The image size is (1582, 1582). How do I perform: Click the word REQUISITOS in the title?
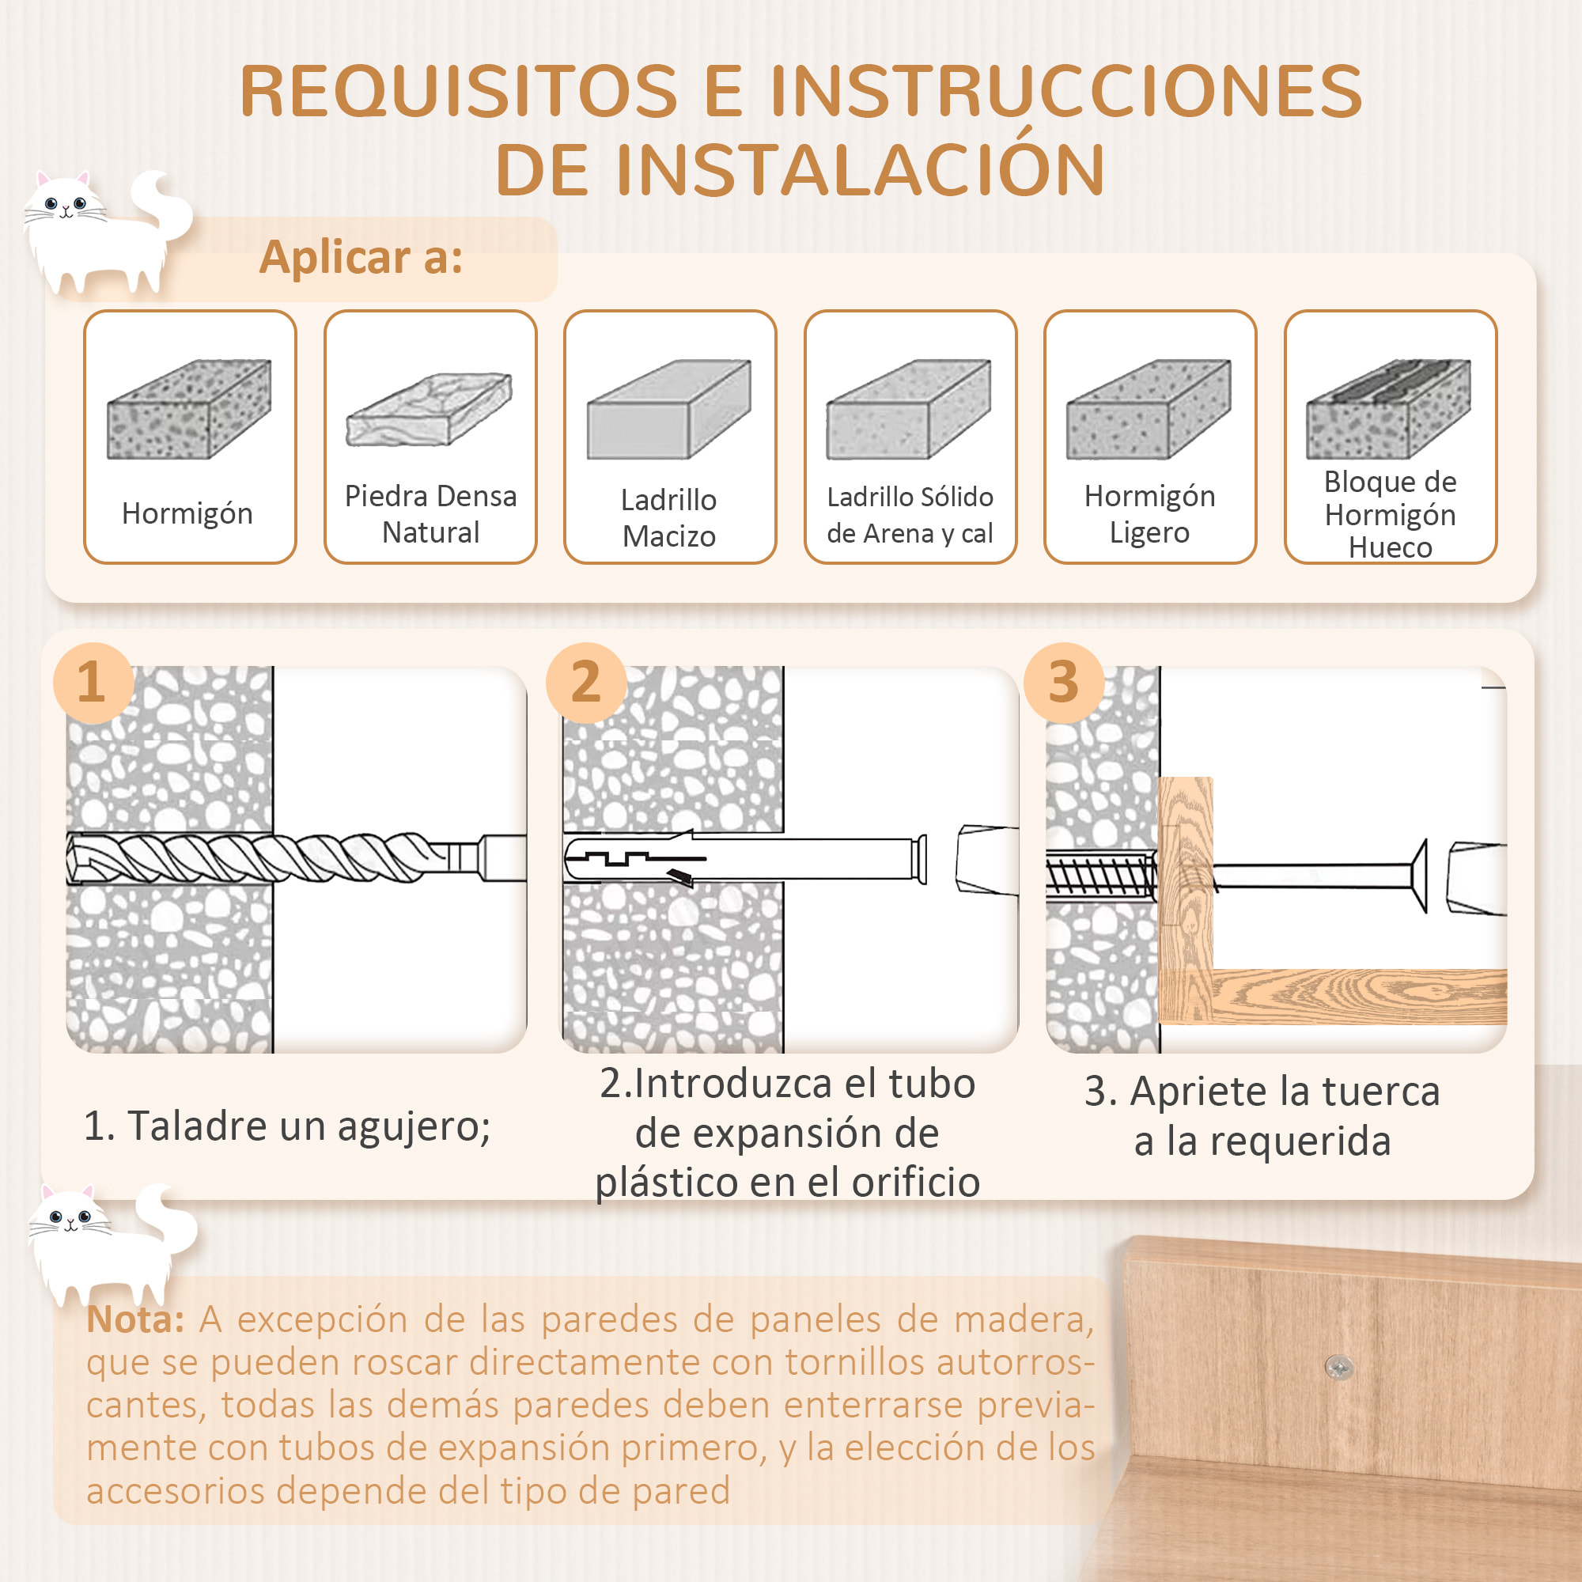coord(459,92)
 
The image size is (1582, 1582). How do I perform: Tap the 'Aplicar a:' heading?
coord(361,257)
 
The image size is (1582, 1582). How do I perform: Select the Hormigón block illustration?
coord(189,410)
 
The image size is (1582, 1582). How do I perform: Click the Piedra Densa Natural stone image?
coord(429,410)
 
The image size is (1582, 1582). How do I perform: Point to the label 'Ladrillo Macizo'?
coord(669,517)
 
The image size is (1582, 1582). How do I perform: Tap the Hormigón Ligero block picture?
coord(1149,410)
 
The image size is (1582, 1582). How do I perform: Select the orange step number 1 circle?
coord(93,682)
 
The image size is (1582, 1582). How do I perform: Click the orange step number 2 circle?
coord(585,682)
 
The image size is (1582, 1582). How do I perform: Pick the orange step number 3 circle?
coord(1063,682)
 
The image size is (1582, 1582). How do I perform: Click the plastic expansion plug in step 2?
coord(737,858)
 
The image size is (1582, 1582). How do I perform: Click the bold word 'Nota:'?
coord(135,1319)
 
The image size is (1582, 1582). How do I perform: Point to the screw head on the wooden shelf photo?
coord(1339,1366)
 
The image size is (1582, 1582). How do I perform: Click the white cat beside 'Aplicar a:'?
coord(98,233)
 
